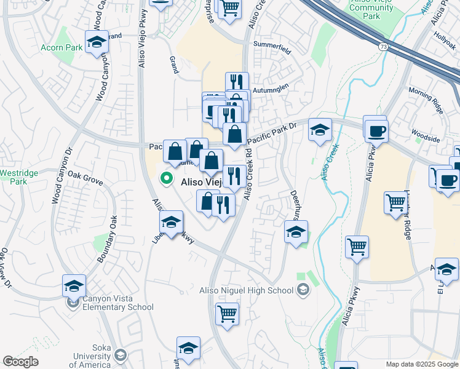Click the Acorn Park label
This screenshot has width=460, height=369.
click(61, 47)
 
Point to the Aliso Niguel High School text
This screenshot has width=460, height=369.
click(249, 290)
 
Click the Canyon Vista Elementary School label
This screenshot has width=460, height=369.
click(117, 303)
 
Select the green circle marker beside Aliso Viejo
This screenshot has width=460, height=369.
click(165, 180)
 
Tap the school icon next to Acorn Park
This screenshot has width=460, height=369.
click(96, 42)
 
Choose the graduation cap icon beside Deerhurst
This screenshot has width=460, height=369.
click(296, 232)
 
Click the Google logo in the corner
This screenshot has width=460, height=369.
click(20, 362)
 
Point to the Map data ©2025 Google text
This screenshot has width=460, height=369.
click(421, 364)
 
